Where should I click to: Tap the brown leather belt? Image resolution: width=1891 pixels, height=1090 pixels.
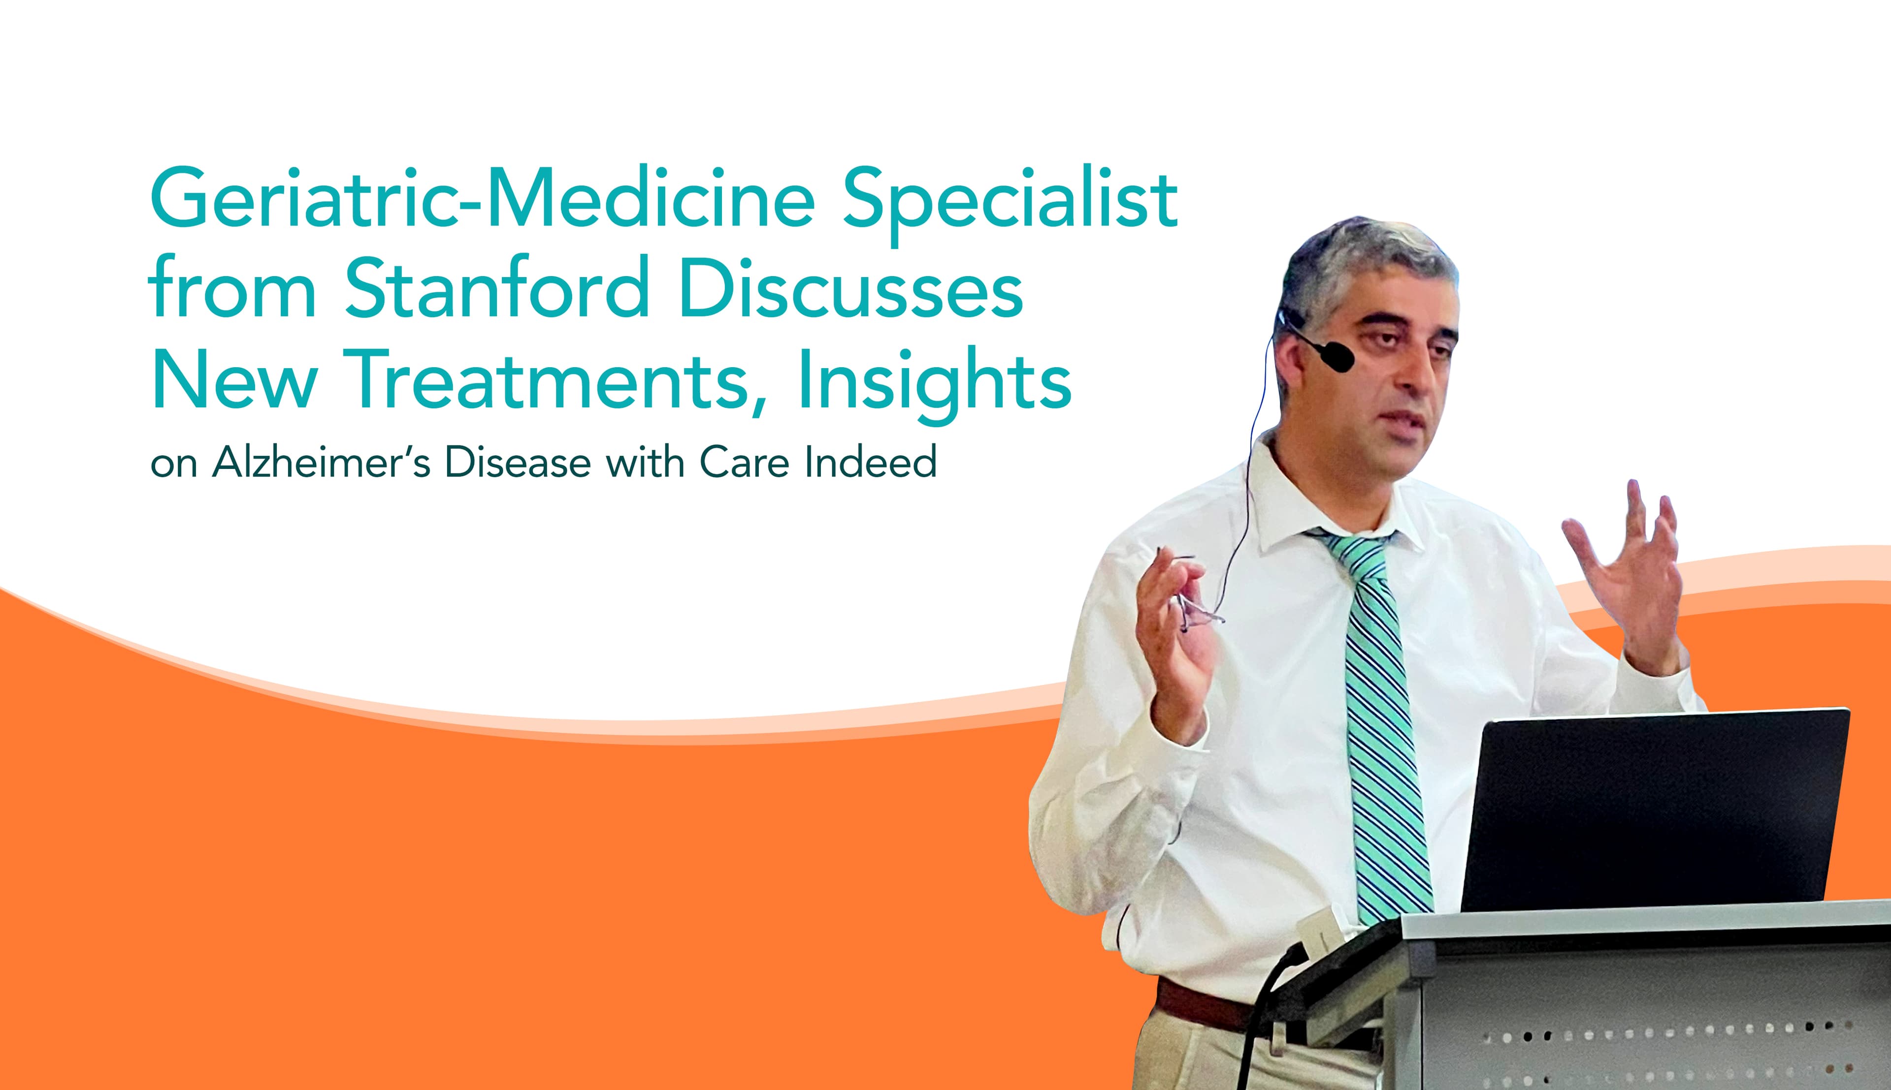(x=1206, y=1004)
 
